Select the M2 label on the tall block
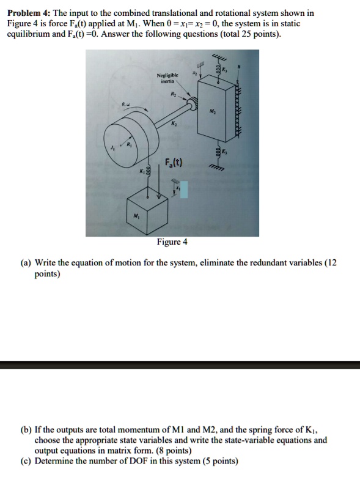tap(211, 111)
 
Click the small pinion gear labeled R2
tap(194, 105)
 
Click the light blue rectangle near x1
tap(183, 190)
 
